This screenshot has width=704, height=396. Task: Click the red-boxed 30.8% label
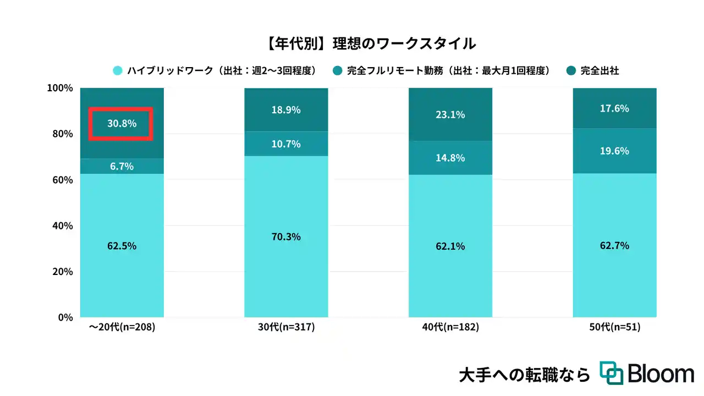coord(122,124)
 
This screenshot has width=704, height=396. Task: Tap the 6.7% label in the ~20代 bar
coord(122,166)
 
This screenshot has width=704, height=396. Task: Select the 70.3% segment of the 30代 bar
coord(286,237)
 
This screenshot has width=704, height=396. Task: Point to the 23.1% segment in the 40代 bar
coord(450,114)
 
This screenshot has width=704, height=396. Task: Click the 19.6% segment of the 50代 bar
coord(615,151)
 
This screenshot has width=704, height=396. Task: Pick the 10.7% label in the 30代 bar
coord(286,144)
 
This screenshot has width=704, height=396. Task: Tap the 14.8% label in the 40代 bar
coord(450,158)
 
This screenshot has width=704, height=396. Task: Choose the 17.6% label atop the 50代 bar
coord(615,108)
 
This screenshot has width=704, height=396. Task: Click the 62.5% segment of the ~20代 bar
coord(122,246)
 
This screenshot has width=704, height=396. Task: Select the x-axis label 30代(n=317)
coord(286,327)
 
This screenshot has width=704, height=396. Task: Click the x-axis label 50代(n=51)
coord(615,327)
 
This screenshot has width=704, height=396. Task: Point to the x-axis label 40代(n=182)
coord(450,327)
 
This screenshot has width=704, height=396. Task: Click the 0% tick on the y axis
coord(65,317)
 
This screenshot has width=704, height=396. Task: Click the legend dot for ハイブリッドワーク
coord(117,70)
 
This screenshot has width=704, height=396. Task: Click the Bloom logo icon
coord(611,373)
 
